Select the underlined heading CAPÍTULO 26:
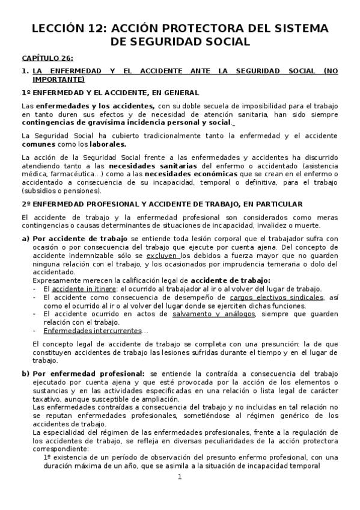[47, 58]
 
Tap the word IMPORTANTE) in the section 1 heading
[58, 79]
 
